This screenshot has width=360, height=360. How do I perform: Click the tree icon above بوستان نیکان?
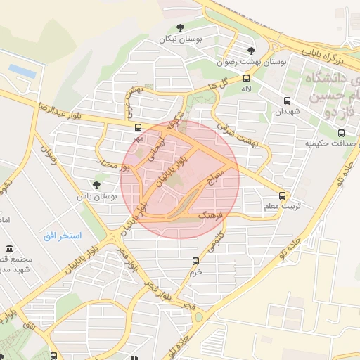click(x=180, y=28)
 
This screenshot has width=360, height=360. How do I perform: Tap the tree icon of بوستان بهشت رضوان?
click(x=252, y=50)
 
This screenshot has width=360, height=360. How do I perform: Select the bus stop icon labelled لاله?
click(x=246, y=78)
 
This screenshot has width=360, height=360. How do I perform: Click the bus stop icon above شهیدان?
click(x=286, y=100)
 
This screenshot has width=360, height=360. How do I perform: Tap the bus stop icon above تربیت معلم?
click(x=283, y=195)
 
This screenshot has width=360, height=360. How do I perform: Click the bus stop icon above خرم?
click(x=196, y=261)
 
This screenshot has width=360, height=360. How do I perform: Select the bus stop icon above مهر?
click(x=138, y=128)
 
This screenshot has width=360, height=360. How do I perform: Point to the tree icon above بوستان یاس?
click(x=96, y=185)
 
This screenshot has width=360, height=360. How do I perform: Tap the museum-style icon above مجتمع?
click(x=10, y=250)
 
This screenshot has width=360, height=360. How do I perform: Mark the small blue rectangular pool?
click(x=22, y=70)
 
